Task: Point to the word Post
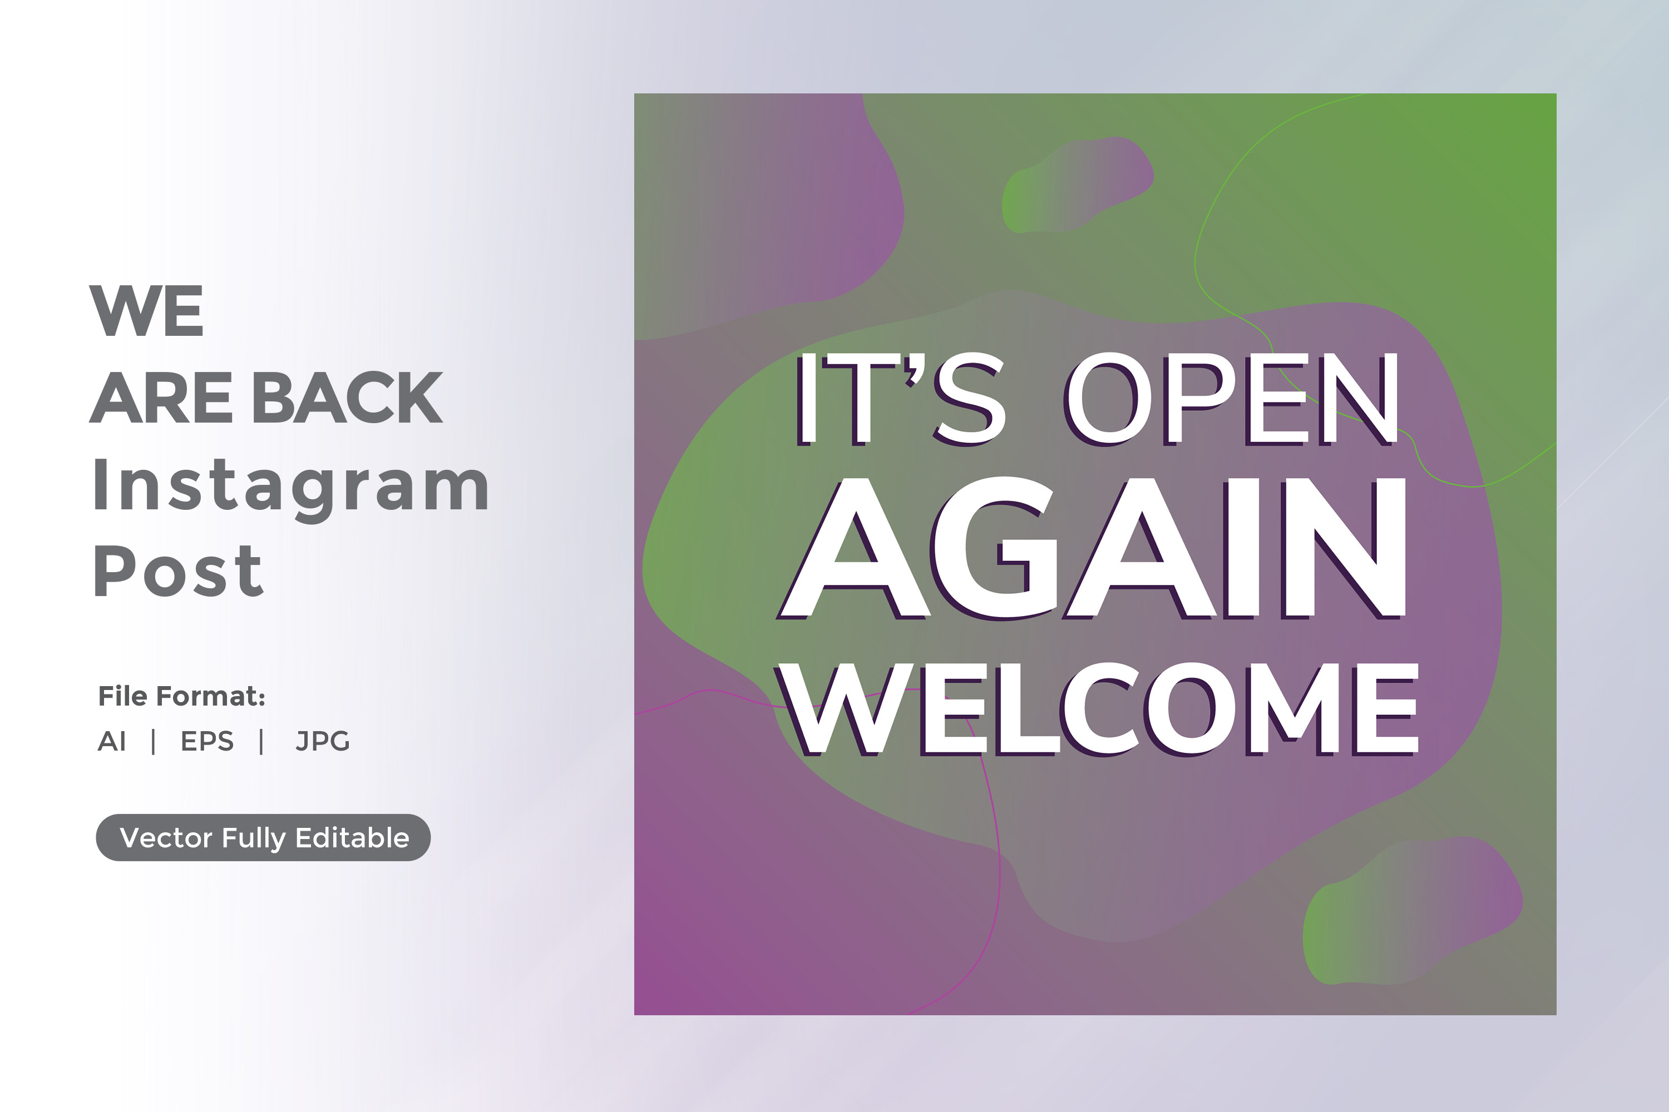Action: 178,571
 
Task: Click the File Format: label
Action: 182,697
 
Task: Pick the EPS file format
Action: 207,741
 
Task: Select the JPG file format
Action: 323,741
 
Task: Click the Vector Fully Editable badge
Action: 263,837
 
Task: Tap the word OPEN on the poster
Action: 1232,399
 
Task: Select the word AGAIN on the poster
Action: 1092,548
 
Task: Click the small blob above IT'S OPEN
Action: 1076,185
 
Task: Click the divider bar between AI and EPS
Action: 154,742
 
